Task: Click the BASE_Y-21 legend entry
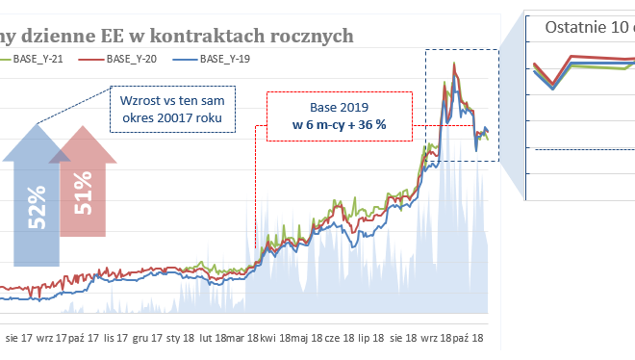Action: (38, 60)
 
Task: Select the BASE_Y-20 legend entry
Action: (131, 60)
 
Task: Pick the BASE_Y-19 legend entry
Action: (224, 60)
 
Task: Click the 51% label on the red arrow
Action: (83, 192)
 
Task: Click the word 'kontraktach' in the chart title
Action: (198, 36)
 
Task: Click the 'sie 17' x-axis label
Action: (20, 339)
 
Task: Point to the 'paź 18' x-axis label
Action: (473, 339)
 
